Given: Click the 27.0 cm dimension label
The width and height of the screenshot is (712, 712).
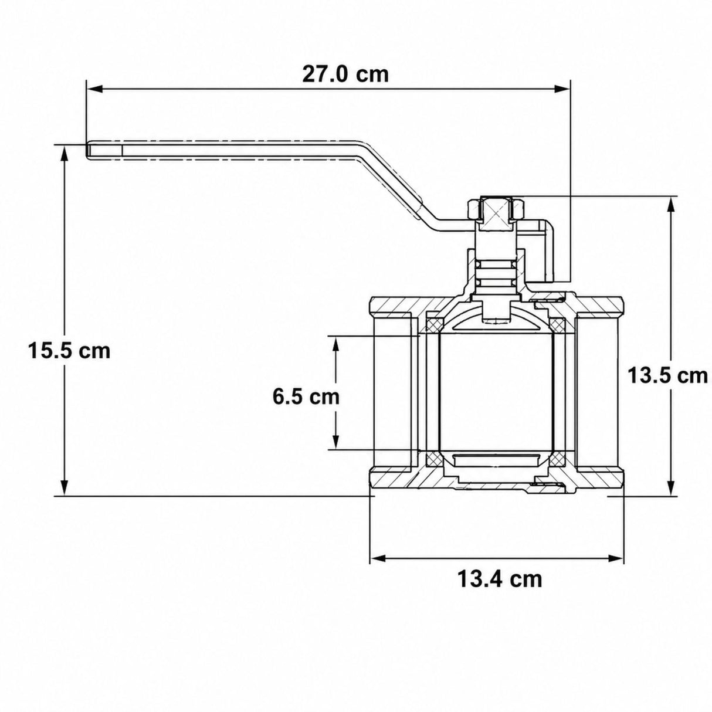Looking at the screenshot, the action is pos(345,74).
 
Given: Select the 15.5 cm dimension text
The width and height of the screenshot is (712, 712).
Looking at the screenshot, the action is pos(69,351).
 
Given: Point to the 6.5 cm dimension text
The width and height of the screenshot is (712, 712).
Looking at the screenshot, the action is pos(306,397).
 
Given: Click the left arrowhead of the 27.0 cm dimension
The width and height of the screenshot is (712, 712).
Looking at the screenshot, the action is pos(94,89).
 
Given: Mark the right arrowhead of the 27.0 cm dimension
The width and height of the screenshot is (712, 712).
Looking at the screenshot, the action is pos(562,89).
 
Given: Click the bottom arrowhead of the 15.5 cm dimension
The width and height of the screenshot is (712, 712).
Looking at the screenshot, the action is pos(65,488).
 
